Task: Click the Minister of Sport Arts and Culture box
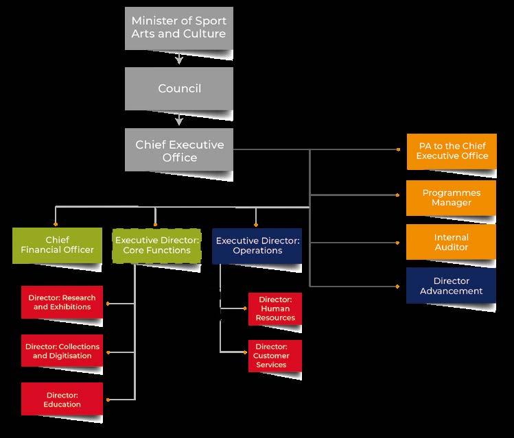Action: pyautogui.click(x=178, y=27)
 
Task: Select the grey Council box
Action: pyautogui.click(x=179, y=88)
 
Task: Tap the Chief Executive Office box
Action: pyautogui.click(x=179, y=150)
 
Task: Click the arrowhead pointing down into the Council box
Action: pyautogui.click(x=179, y=60)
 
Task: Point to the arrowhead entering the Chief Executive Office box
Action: pyautogui.click(x=179, y=121)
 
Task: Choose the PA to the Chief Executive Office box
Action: pyautogui.click(x=452, y=151)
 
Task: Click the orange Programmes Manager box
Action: pyautogui.click(x=452, y=197)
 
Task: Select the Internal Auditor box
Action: pyautogui.click(x=452, y=242)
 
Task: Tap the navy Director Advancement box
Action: pyautogui.click(x=452, y=285)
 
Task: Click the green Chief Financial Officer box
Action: pyautogui.click(x=56, y=245)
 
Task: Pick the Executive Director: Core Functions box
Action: pyautogui.click(x=157, y=245)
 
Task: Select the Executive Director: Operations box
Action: pyautogui.click(x=257, y=245)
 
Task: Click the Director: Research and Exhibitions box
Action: pyautogui.click(x=62, y=302)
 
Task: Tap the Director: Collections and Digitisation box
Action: pyautogui.click(x=62, y=351)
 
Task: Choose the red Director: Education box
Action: pyautogui.click(x=62, y=399)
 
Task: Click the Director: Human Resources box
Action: pyautogui.click(x=274, y=308)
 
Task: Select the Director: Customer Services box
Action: pyautogui.click(x=274, y=356)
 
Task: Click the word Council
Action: pyautogui.click(x=179, y=88)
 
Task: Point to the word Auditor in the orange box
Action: pyautogui.click(x=452, y=247)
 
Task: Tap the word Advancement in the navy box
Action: pyautogui.click(x=452, y=291)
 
